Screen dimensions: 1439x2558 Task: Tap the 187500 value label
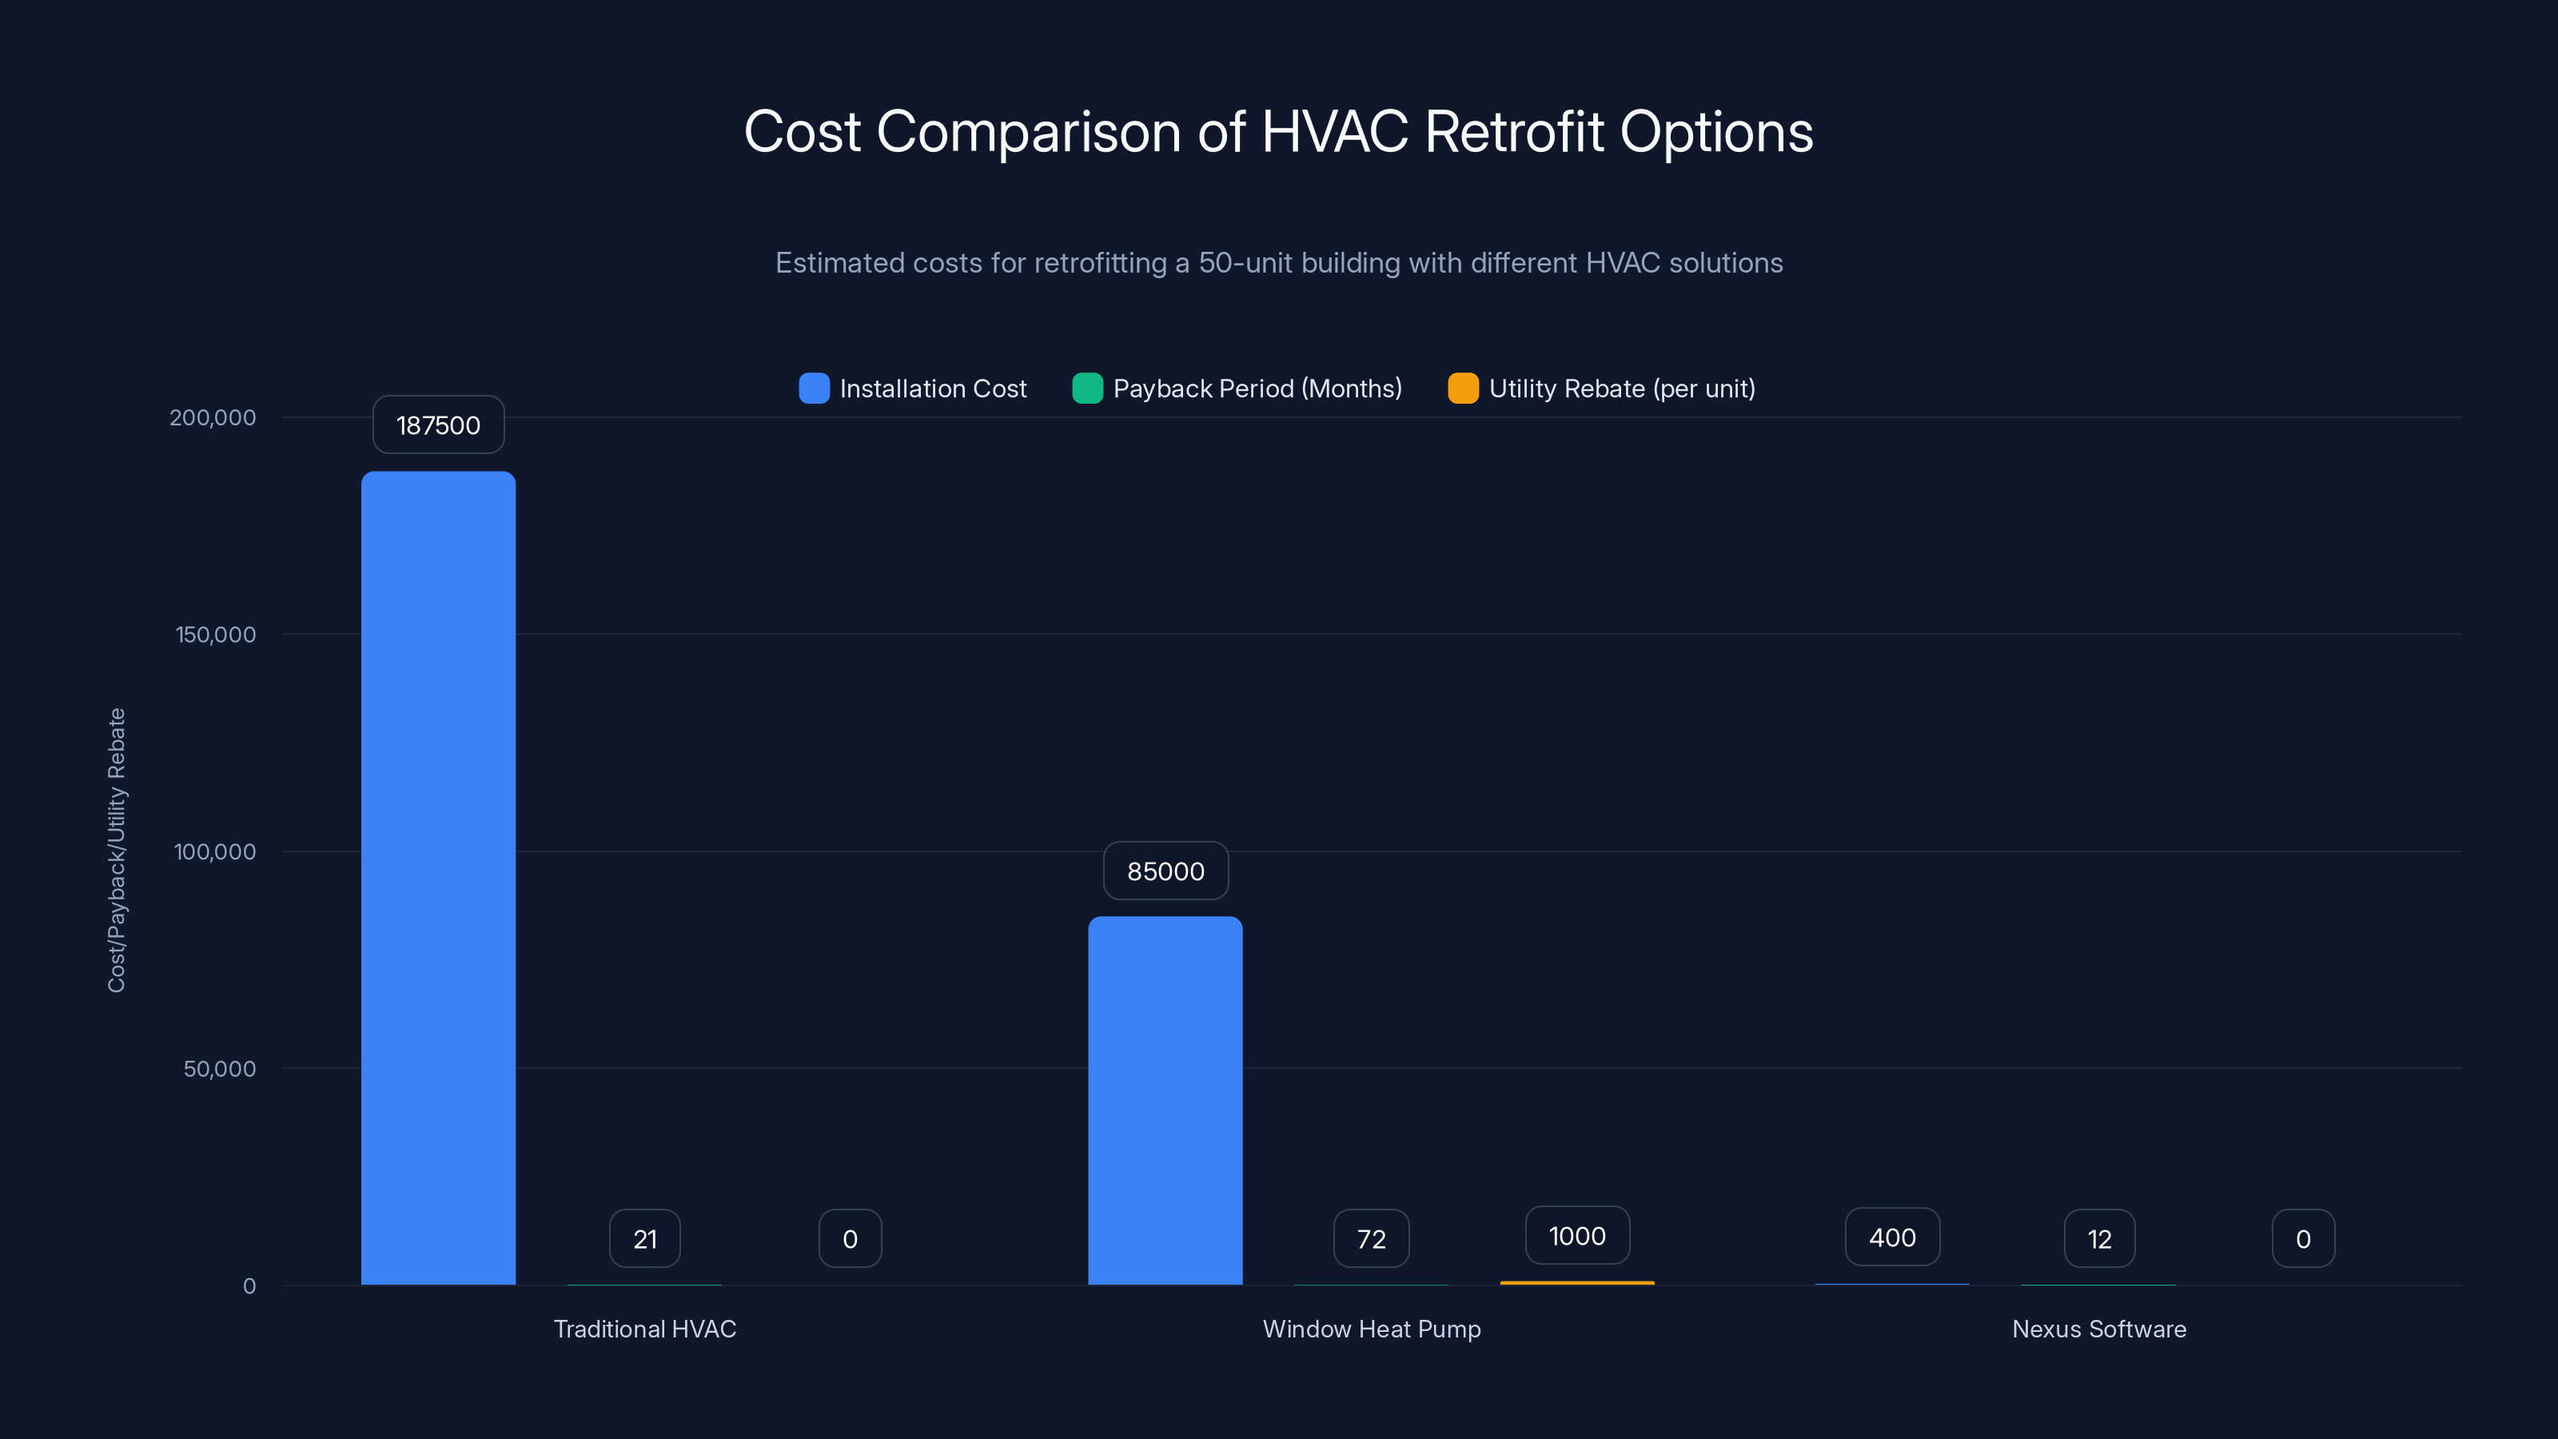(x=438, y=425)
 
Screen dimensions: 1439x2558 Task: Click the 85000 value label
(x=1165, y=871)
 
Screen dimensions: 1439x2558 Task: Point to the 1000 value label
(x=1577, y=1235)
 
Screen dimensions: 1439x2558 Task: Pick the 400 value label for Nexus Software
(x=1891, y=1238)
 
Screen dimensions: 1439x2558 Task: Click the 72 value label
(x=1370, y=1238)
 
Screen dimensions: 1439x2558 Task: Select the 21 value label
(x=644, y=1238)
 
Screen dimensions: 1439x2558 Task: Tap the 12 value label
(x=2099, y=1238)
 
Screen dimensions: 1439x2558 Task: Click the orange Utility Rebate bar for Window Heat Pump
(x=1577, y=1282)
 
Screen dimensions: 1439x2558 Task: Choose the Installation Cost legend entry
(x=913, y=389)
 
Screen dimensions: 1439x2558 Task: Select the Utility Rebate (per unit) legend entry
(x=1602, y=389)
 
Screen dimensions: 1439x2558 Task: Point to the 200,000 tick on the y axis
(x=213, y=417)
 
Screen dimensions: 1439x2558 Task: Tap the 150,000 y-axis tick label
(x=216, y=635)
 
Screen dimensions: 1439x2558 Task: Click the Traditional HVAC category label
(x=644, y=1329)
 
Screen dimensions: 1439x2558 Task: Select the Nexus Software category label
(x=2098, y=1329)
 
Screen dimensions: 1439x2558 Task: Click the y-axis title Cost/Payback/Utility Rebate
(x=116, y=850)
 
